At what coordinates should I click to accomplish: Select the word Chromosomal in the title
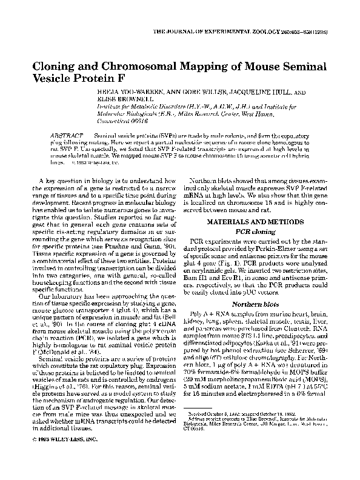click(137, 66)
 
